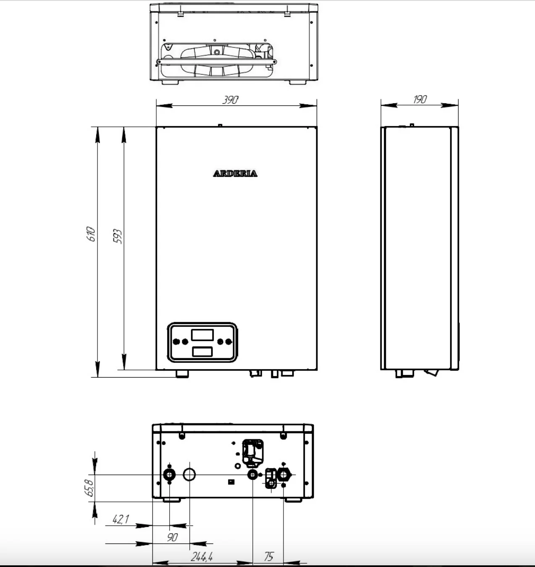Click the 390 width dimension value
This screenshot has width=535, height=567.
pyautogui.click(x=230, y=100)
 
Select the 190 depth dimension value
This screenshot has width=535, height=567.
pyautogui.click(x=420, y=100)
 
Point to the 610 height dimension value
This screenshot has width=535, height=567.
pyautogui.click(x=91, y=234)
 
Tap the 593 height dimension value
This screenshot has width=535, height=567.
pyautogui.click(x=117, y=236)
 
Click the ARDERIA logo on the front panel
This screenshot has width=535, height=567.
pyautogui.click(x=235, y=173)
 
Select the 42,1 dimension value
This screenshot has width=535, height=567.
pyautogui.click(x=121, y=519)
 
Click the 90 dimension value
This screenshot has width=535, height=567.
pyautogui.click(x=172, y=537)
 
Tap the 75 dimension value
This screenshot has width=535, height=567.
pyautogui.click(x=269, y=556)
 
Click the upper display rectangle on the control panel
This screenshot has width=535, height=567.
pyautogui.click(x=202, y=335)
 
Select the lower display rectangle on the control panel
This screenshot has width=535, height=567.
pyautogui.click(x=202, y=352)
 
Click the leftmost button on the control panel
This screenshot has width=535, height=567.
pyautogui.click(x=176, y=341)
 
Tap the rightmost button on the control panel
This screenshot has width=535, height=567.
pyautogui.click(x=228, y=341)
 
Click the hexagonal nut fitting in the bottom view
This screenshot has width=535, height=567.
pyautogui.click(x=283, y=475)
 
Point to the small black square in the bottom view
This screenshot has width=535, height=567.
pyautogui.click(x=231, y=482)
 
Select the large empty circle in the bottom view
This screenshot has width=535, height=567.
pyautogui.click(x=189, y=475)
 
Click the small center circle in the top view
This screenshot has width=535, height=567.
pyautogui.click(x=217, y=52)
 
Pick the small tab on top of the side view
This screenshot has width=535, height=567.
pyautogui.click(x=412, y=125)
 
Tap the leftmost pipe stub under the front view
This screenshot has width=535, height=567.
pyautogui.click(x=182, y=374)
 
